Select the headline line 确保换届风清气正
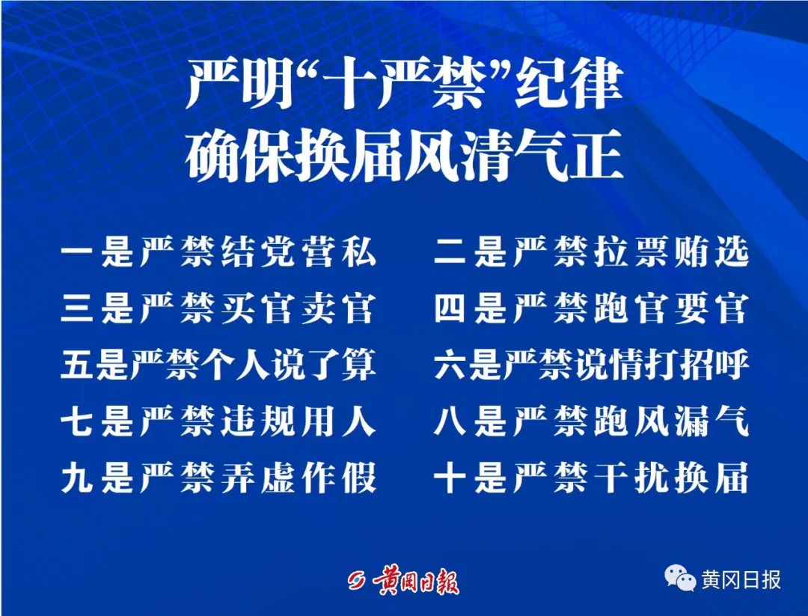tap(405, 156)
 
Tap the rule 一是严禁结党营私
tap(218, 252)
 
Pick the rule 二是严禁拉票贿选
tap(591, 252)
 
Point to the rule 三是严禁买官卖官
tap(218, 308)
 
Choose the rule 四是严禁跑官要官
tap(591, 308)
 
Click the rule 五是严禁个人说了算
tap(218, 365)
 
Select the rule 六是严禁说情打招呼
tap(591, 365)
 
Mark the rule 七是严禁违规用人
tap(218, 421)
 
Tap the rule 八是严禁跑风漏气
tap(591, 421)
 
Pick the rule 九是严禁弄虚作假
tap(218, 478)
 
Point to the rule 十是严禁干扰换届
tap(591, 478)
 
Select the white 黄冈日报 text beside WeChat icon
tap(741, 580)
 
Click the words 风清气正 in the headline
tap(514, 156)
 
